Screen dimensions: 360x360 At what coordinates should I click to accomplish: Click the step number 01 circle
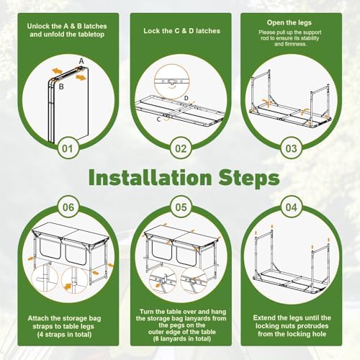pyautogui.click(x=67, y=148)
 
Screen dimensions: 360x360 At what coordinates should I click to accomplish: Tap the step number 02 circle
pyautogui.click(x=181, y=148)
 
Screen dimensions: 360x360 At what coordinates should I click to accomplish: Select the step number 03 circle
pyautogui.click(x=291, y=148)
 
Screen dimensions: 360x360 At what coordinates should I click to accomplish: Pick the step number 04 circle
pyautogui.click(x=292, y=207)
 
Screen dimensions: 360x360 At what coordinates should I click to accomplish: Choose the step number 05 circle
pyautogui.click(x=181, y=207)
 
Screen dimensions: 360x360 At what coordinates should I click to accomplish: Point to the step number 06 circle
pyautogui.click(x=68, y=207)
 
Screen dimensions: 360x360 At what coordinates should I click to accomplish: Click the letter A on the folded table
pyautogui.click(x=81, y=61)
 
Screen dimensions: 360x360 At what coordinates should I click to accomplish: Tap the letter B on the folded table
pyautogui.click(x=61, y=86)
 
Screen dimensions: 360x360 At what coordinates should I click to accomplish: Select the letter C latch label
pyautogui.click(x=158, y=120)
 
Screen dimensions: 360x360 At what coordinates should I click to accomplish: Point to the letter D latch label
pyautogui.click(x=186, y=98)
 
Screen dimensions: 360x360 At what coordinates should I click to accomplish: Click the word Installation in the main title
pyautogui.click(x=150, y=178)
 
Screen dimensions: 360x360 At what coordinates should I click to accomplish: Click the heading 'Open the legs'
pyautogui.click(x=289, y=23)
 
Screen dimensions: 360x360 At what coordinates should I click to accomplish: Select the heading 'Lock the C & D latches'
pyautogui.click(x=181, y=31)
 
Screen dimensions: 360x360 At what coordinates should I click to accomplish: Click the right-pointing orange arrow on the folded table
pyautogui.click(x=81, y=78)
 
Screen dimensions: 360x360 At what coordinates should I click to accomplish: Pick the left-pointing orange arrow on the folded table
pyautogui.click(x=57, y=71)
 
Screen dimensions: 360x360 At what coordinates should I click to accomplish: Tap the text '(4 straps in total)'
pyautogui.click(x=64, y=335)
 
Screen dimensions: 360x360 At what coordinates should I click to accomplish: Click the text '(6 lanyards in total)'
pyautogui.click(x=181, y=338)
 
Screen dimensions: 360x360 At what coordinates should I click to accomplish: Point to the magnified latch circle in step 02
pyautogui.click(x=172, y=82)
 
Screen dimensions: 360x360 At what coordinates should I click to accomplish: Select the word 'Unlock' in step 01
pyautogui.click(x=38, y=26)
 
